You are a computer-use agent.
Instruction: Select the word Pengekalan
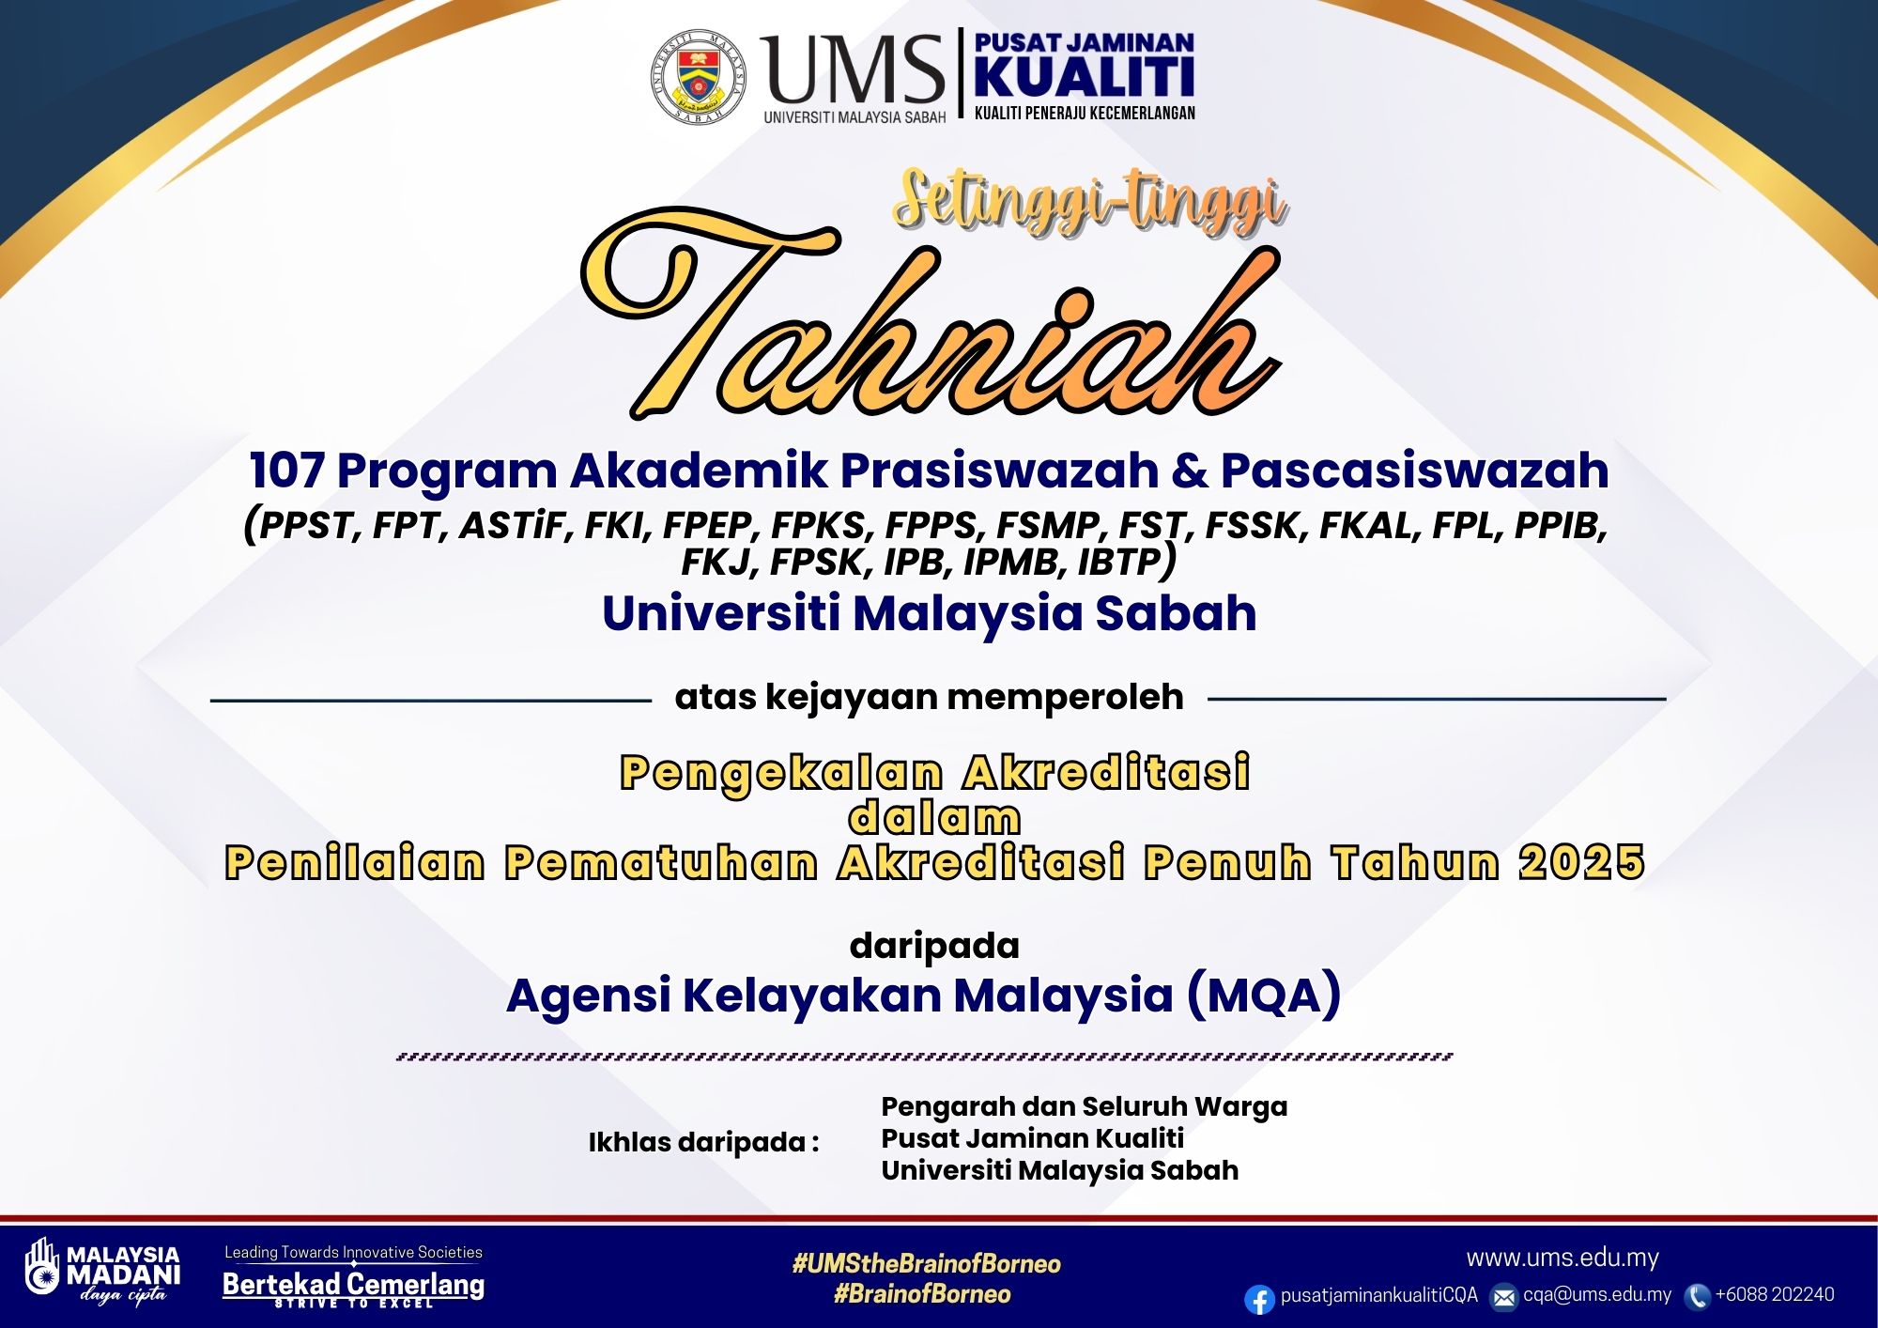tap(781, 773)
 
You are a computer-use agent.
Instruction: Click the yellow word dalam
tap(934, 818)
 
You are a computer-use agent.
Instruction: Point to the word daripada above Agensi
tap(934, 946)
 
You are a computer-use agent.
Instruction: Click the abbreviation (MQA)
tap(1264, 995)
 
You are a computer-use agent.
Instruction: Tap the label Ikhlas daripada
tap(703, 1142)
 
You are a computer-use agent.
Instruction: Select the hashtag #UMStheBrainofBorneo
tap(927, 1263)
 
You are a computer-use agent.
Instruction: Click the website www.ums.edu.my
tap(1562, 1258)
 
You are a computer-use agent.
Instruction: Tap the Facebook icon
tap(1259, 1299)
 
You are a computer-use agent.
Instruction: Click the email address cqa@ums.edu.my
tap(1597, 1294)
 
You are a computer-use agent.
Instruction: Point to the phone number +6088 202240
tap(1775, 1294)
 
